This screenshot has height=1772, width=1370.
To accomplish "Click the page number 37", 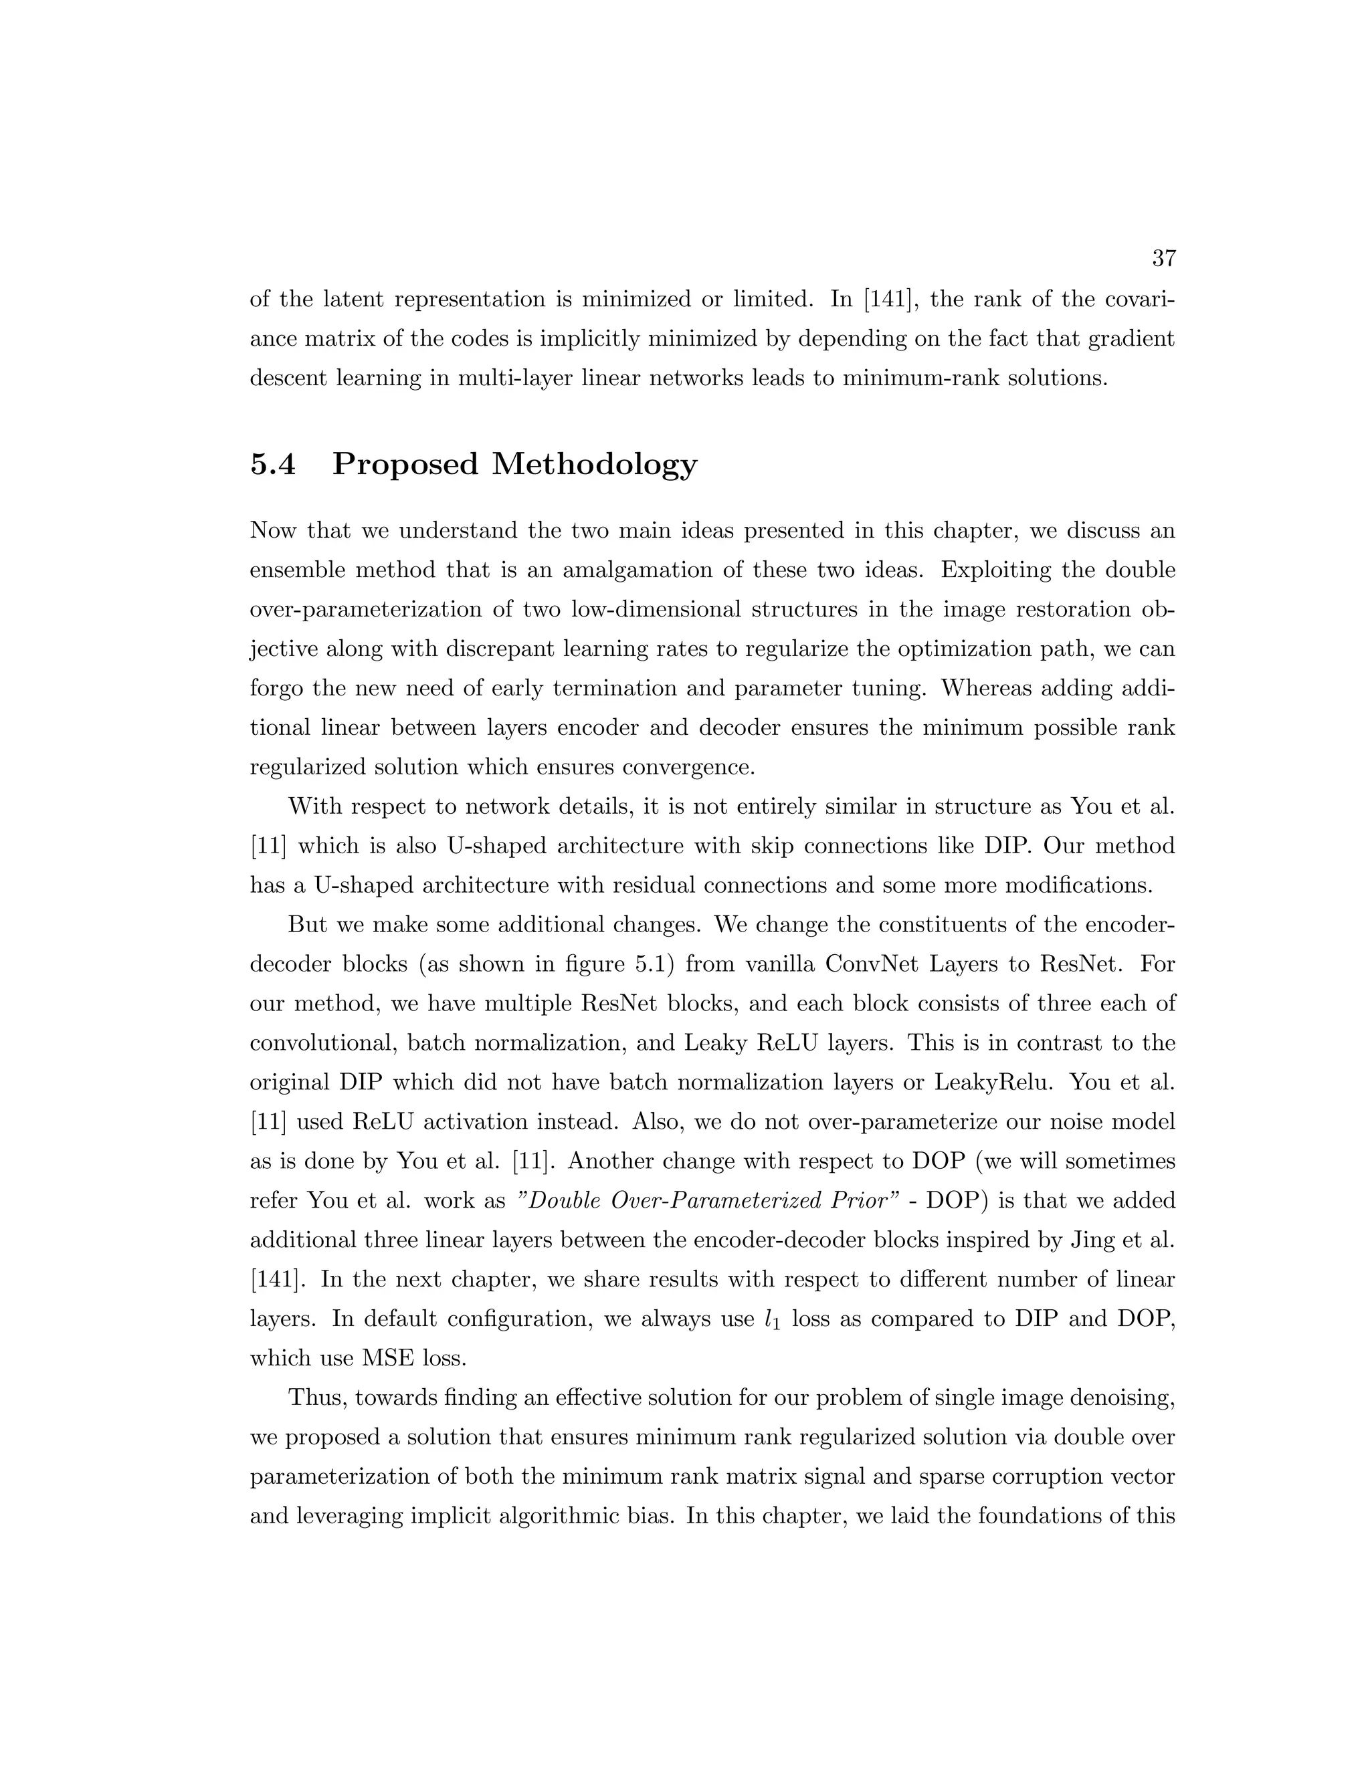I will coord(1163,259).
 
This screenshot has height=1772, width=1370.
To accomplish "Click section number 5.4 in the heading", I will coord(273,464).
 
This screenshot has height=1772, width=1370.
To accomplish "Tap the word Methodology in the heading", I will coord(594,464).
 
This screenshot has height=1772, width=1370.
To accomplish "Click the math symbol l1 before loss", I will coord(772,1320).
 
